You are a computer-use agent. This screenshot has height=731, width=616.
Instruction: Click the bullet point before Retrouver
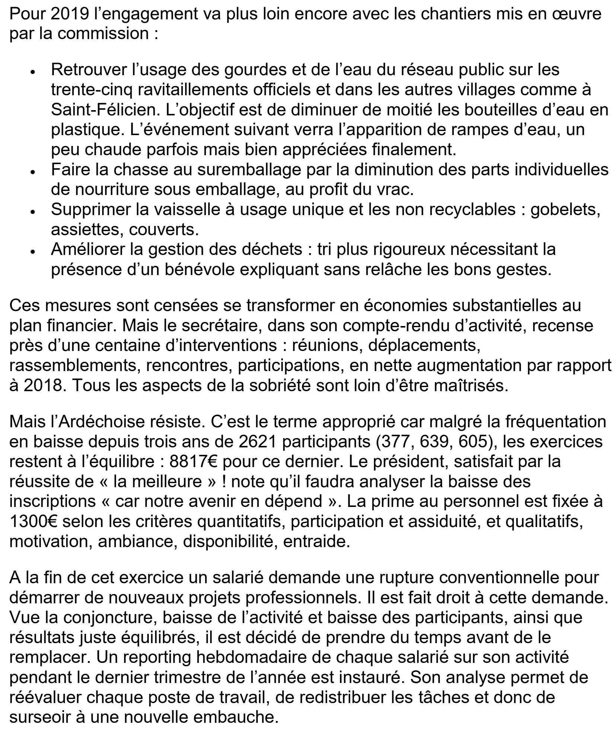click(x=33, y=71)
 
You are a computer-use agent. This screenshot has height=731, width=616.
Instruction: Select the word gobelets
click(x=565, y=210)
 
